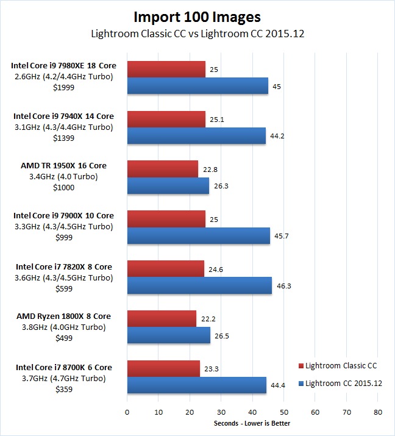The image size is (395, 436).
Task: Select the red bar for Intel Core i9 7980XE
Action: (166, 69)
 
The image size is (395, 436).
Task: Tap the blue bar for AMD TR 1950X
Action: (168, 185)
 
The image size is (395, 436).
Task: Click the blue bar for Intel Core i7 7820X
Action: (199, 285)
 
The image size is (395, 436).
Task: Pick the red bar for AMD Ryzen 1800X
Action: (162, 318)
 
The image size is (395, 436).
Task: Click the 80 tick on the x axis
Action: (377, 412)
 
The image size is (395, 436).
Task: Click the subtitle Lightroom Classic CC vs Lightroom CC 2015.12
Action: (197, 34)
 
